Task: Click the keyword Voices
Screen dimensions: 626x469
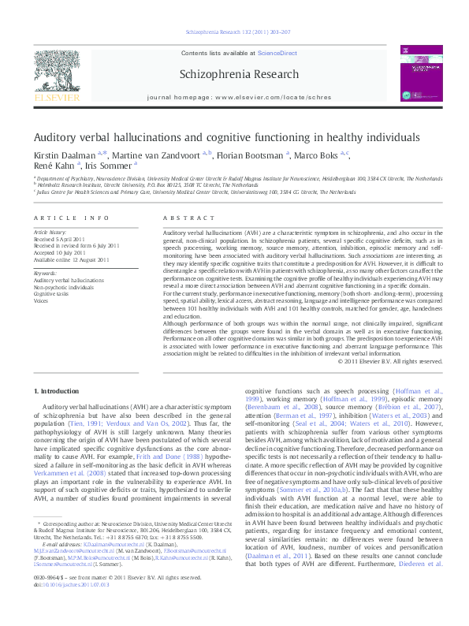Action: point(42,300)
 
